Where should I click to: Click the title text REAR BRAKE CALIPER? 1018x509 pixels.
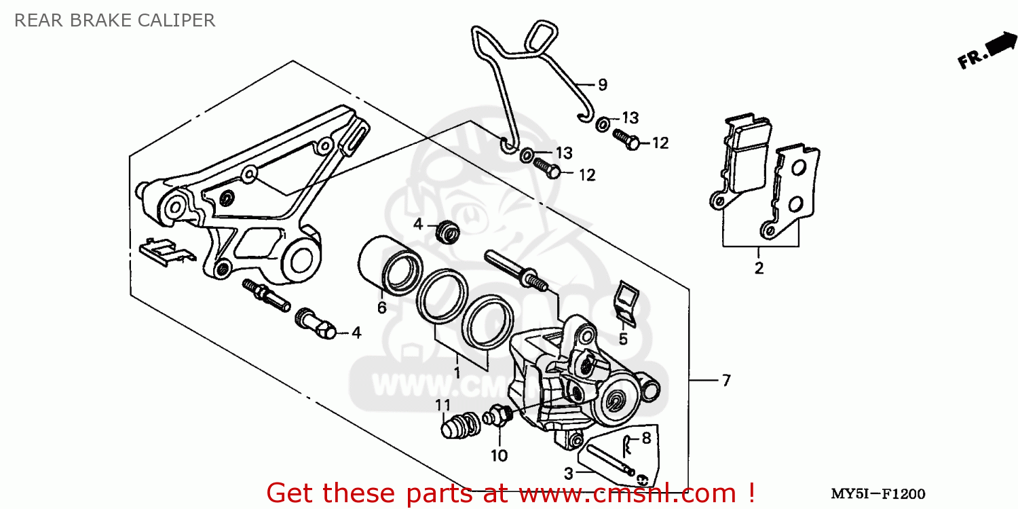[115, 20]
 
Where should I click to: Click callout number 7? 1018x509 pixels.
[725, 381]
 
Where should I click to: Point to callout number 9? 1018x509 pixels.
[602, 85]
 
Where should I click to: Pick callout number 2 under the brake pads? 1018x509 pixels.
[759, 267]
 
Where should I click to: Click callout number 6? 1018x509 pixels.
[382, 307]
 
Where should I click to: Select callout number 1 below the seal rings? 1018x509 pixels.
[457, 372]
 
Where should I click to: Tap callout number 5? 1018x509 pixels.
[623, 338]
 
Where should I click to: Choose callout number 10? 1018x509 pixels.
[499, 455]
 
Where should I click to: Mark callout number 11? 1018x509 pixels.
[443, 405]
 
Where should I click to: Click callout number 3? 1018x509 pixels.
[569, 472]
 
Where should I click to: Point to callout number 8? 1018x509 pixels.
[645, 438]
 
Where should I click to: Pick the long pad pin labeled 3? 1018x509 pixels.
[610, 458]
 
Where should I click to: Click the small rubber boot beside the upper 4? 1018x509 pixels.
[448, 231]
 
